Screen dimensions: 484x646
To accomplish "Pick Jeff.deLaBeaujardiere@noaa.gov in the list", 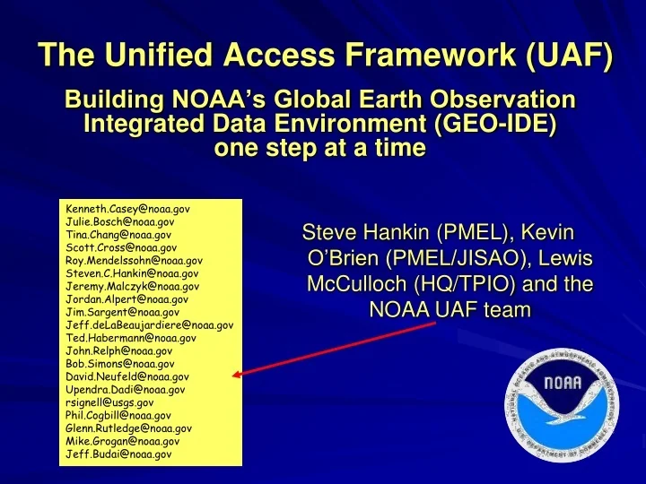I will tap(150, 324).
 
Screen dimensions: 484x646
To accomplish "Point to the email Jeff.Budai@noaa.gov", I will tap(118, 454).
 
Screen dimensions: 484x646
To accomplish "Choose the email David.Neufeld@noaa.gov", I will tap(127, 376).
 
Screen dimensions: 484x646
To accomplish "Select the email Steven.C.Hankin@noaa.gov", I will tap(133, 272).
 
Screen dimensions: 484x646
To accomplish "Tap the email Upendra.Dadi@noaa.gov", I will tap(126, 390).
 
